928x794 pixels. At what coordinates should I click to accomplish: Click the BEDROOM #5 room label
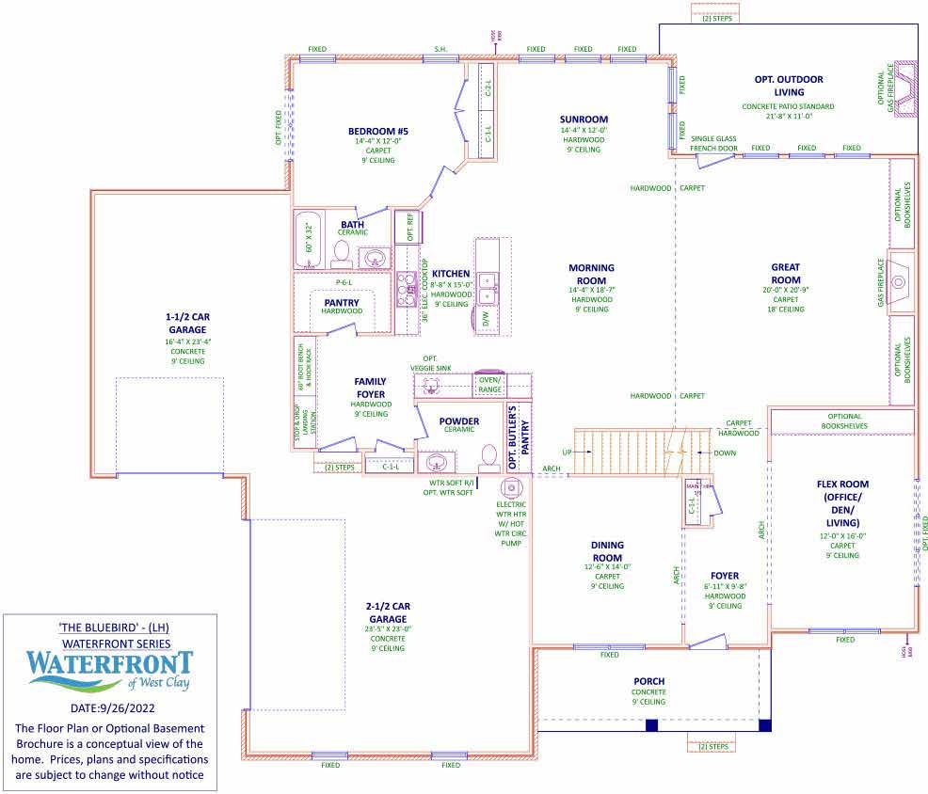pos(377,131)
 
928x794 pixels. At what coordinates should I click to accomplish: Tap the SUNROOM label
pos(584,119)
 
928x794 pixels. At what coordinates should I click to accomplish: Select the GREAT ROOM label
pos(786,273)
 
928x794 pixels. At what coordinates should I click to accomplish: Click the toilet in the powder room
pos(488,457)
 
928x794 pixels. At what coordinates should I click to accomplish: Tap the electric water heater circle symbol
pos(511,487)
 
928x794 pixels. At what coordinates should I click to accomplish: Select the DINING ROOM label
pos(607,550)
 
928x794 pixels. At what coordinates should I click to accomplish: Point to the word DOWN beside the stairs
pos(725,452)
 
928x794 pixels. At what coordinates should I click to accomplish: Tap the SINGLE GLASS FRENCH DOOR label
pos(713,143)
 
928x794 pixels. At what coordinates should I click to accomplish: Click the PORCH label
pos(648,681)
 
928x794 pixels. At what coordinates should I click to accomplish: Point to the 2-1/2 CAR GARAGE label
pos(387,611)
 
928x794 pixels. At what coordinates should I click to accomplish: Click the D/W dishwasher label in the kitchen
pos(486,319)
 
